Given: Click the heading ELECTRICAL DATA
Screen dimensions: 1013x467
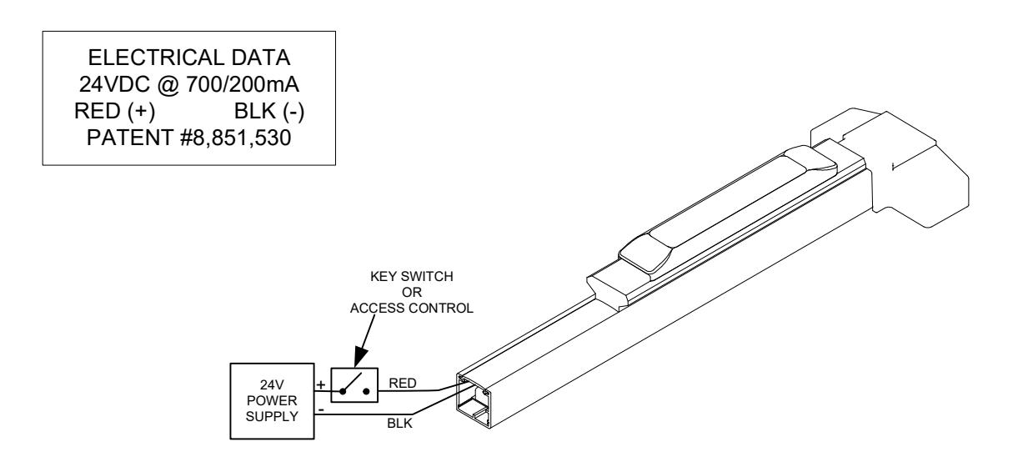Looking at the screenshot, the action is (189, 58).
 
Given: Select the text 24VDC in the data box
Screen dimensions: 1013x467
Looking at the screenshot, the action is (114, 84).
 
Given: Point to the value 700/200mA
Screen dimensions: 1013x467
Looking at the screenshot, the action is (243, 84).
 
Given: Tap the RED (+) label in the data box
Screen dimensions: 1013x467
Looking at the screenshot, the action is (114, 111).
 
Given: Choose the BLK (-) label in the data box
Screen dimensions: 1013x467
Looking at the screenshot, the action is (269, 111).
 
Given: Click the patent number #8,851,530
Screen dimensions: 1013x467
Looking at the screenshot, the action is (235, 138).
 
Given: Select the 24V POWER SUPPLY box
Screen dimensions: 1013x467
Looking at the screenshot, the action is (272, 401).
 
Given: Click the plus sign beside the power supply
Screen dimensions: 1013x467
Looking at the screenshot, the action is (321, 385).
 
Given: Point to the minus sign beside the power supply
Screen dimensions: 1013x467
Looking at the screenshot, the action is (321, 410).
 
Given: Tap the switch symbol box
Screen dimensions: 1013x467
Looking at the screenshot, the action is (354, 385).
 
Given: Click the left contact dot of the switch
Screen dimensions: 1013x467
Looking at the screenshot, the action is (343, 391).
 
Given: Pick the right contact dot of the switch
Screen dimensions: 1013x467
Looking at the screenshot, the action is (366, 391).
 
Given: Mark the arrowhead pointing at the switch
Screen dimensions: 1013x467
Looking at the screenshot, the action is (360, 357).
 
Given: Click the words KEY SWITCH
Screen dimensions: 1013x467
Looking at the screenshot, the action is (412, 277).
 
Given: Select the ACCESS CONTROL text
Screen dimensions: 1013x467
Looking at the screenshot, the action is (412, 309).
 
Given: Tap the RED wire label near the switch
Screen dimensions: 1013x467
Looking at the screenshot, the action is (403, 384).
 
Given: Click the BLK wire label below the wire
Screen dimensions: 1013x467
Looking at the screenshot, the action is (399, 424).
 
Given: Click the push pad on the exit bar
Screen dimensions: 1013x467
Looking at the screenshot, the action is (728, 209).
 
